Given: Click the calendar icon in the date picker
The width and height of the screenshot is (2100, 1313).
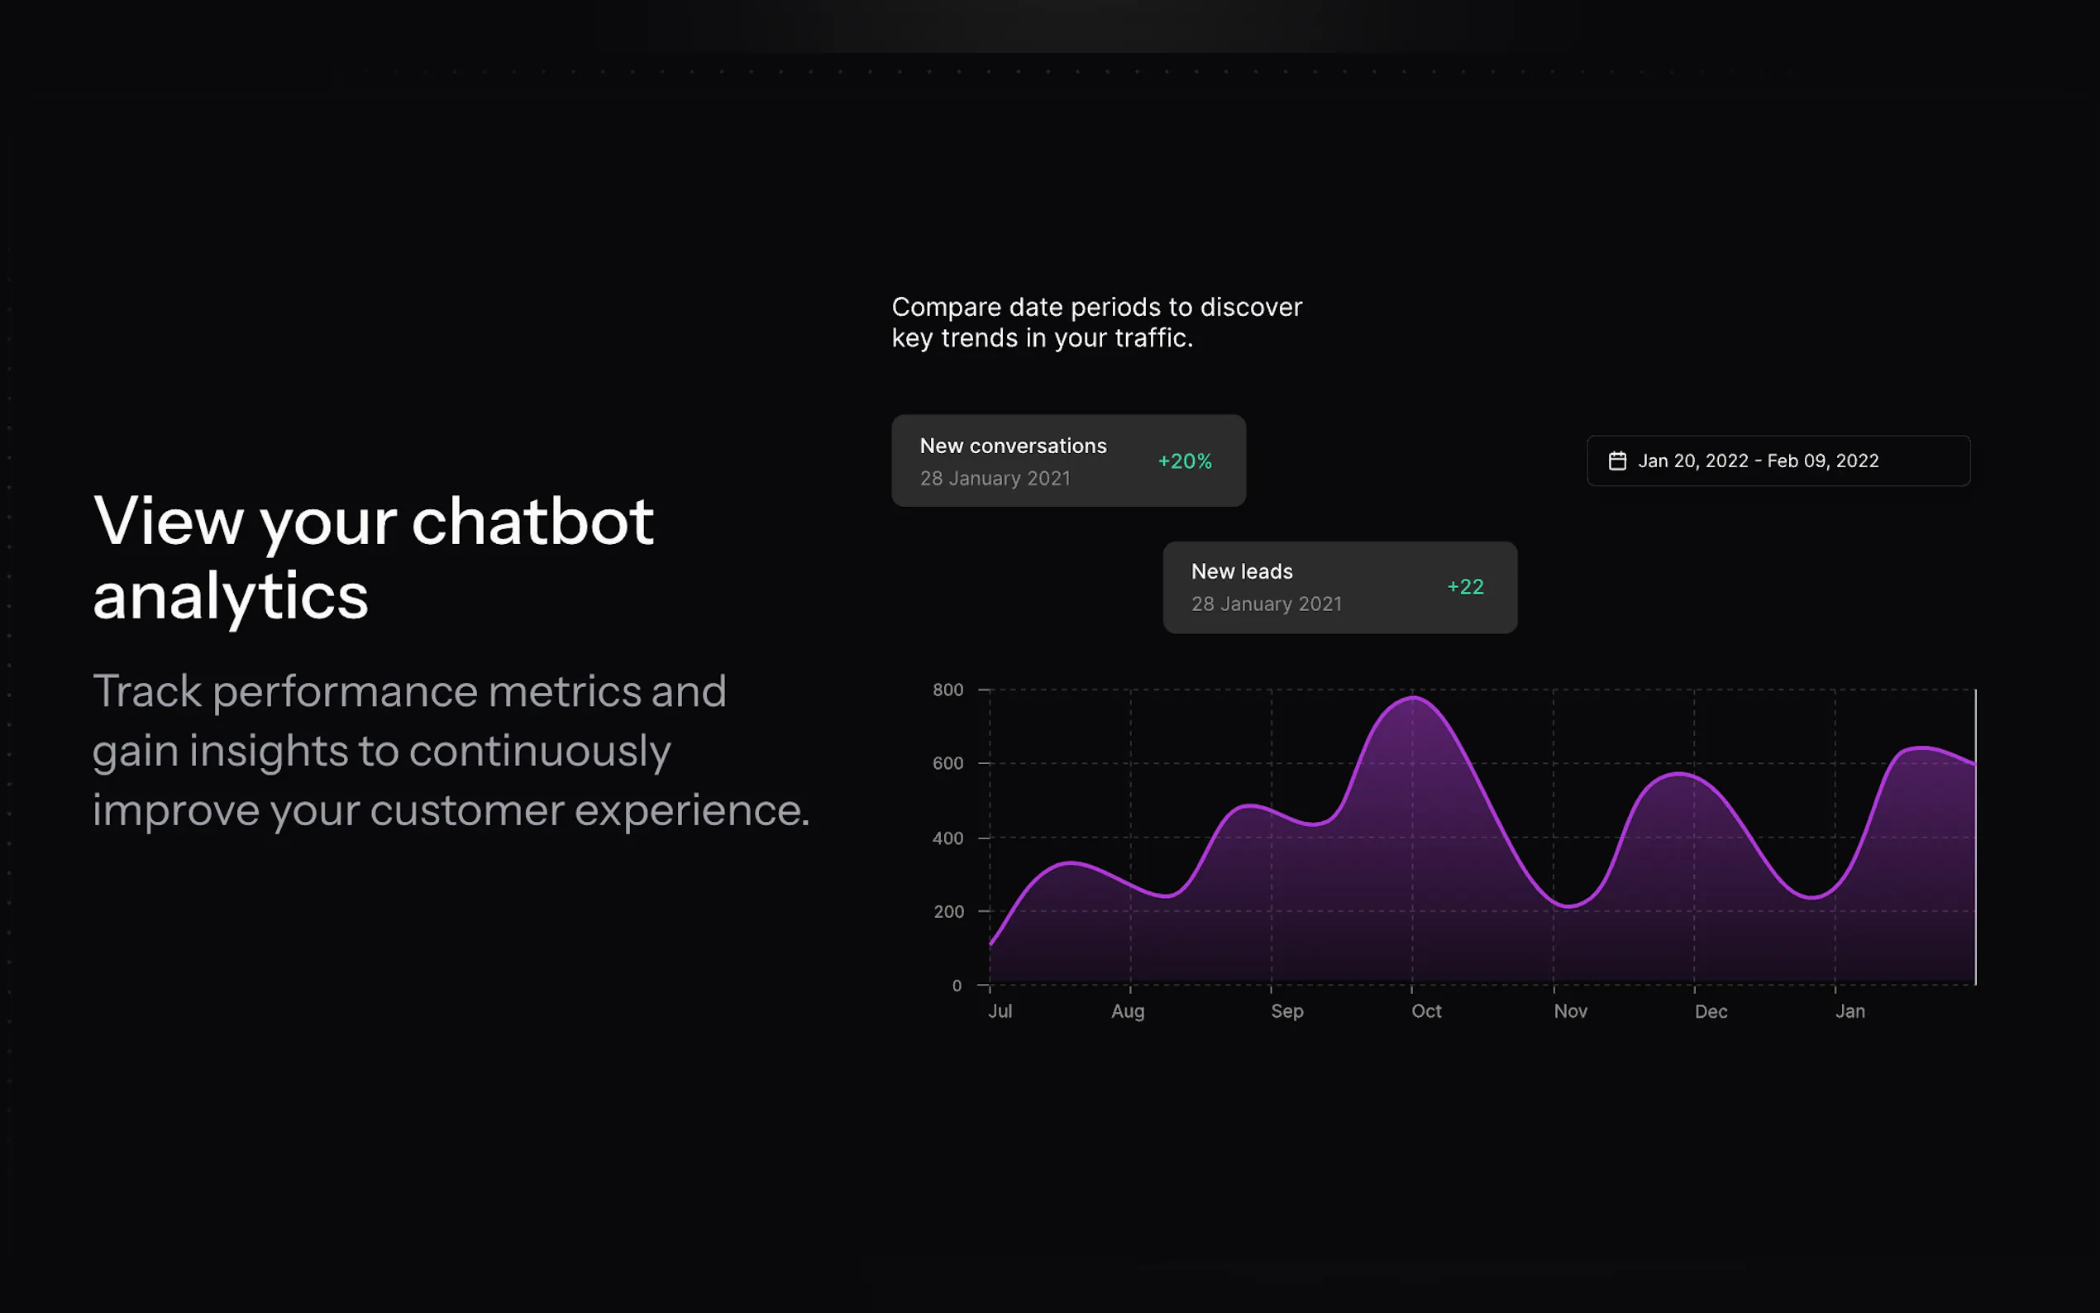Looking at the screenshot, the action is click(1617, 461).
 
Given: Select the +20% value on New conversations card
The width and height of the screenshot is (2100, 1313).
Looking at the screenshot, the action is click(1185, 461).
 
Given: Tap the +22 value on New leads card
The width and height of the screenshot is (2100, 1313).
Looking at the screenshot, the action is click(1465, 587).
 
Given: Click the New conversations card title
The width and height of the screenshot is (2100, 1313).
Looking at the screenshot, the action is click(1013, 446).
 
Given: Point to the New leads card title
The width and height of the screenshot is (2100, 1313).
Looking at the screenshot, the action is click(1242, 571).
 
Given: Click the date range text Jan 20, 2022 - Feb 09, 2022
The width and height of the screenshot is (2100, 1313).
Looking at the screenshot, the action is click(1758, 461).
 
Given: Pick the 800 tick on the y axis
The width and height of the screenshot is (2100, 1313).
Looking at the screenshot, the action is click(948, 690).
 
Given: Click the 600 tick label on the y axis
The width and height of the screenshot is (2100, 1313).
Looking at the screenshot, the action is click(948, 763).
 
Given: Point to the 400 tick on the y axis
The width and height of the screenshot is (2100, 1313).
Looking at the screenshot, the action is click(948, 838).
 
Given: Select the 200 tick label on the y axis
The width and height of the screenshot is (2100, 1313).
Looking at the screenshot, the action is click(949, 912).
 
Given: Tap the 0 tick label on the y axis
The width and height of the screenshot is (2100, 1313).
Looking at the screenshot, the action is click(957, 986).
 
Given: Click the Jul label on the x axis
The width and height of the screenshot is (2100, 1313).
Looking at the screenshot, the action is click(1000, 1011).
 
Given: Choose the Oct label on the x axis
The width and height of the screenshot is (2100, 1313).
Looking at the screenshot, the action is click(1426, 1011).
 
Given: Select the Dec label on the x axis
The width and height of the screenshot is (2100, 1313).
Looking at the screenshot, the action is click(1711, 1012).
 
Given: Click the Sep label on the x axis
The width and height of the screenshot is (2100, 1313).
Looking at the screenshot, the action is click(1287, 1011).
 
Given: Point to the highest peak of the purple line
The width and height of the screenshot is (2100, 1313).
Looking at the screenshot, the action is click(1412, 697).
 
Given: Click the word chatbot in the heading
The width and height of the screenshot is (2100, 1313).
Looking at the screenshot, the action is click(532, 521).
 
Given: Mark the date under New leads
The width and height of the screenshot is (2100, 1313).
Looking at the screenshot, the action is click(1267, 604).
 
